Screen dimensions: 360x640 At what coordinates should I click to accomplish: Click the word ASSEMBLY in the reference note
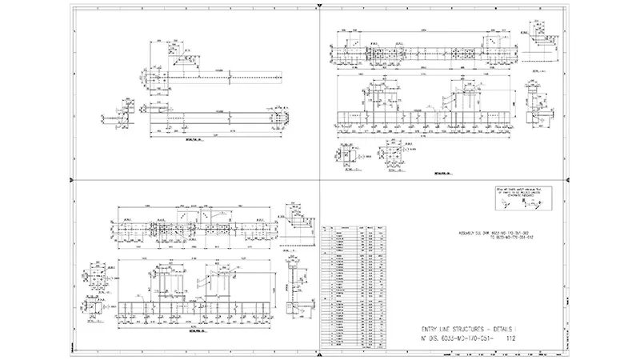coord(462,234)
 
